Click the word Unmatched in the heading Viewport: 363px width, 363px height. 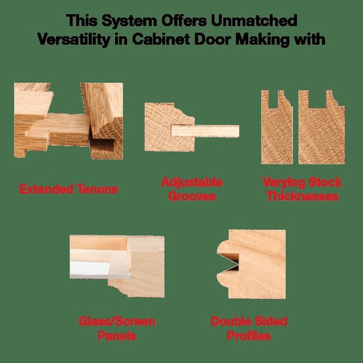click(x=254, y=21)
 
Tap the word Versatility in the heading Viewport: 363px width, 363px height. click(x=73, y=39)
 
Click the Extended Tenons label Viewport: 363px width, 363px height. click(x=68, y=189)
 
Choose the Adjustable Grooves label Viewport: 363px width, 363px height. click(x=192, y=189)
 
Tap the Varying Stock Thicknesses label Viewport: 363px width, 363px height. click(x=302, y=189)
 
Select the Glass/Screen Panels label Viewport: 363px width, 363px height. click(x=117, y=329)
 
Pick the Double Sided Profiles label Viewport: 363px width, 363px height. click(x=249, y=329)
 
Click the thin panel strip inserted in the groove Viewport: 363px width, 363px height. click(x=205, y=131)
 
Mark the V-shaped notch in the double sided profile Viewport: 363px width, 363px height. click(x=231, y=262)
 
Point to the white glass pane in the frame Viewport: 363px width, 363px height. click(x=90, y=268)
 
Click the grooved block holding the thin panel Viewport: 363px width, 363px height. click(x=169, y=127)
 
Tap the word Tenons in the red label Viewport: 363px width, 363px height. click(x=97, y=189)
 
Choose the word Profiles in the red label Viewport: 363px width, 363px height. click(x=249, y=335)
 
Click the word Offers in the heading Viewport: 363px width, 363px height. click(x=184, y=21)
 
